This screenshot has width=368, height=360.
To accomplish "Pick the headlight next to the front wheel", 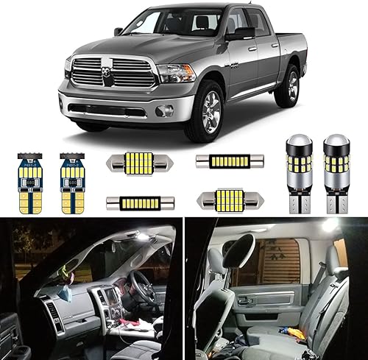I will coord(176,73).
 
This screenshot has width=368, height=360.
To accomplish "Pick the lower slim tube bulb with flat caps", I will coord(133,202).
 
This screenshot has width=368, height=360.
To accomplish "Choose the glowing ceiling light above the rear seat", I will coord(329,224).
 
